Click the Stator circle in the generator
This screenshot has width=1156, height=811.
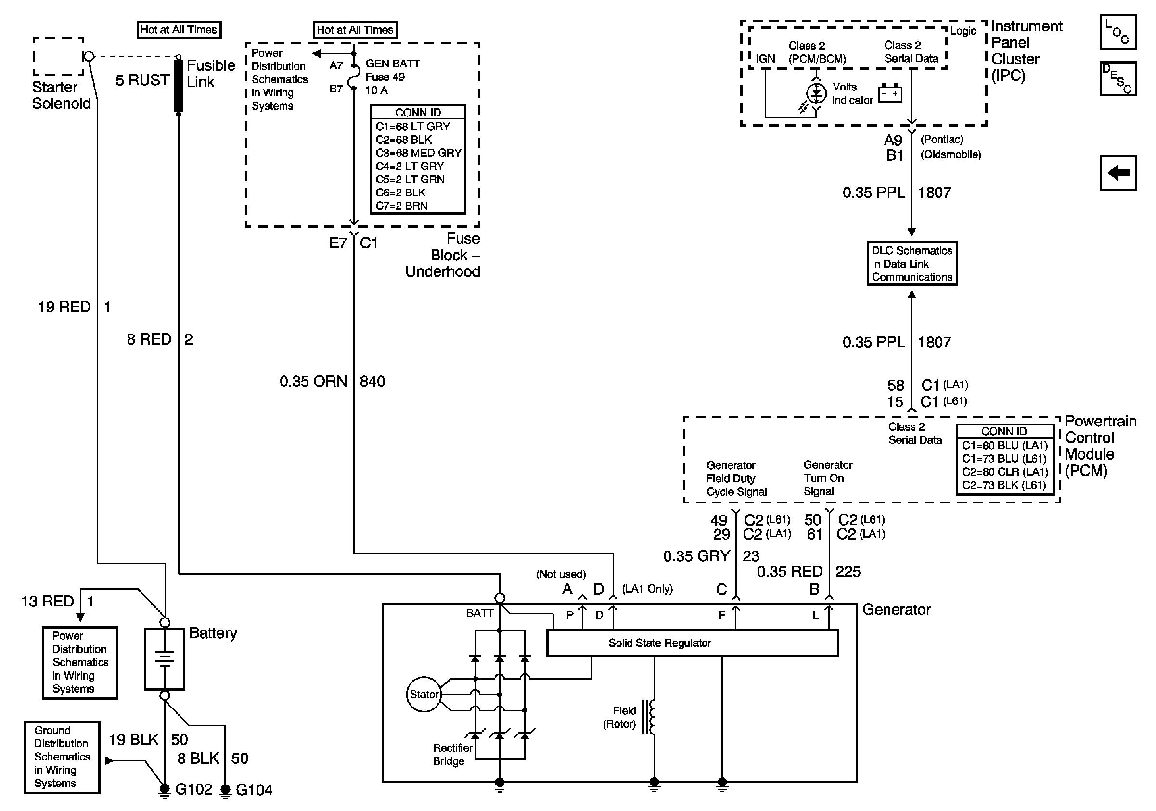pos(424,694)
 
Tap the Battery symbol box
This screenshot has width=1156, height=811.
pos(165,658)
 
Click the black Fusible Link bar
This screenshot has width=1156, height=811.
pos(179,86)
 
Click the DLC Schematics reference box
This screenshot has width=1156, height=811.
pos(912,263)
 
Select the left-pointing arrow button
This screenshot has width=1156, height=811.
pos(1117,173)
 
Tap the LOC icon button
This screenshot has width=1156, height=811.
pos(1117,32)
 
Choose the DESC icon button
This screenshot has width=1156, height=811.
pos(1117,78)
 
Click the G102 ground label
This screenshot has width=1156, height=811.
pos(193,789)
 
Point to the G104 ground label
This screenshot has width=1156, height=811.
pos(254,790)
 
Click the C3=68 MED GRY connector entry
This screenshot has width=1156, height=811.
pos(418,153)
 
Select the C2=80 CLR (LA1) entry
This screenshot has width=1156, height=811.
pos(1005,472)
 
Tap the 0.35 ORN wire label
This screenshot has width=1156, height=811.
pos(313,382)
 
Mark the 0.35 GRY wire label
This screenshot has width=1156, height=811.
pos(696,556)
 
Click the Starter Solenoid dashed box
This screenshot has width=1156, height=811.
pos(58,56)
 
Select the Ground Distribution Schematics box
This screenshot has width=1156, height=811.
pos(62,757)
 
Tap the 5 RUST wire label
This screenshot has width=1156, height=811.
pos(142,80)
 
